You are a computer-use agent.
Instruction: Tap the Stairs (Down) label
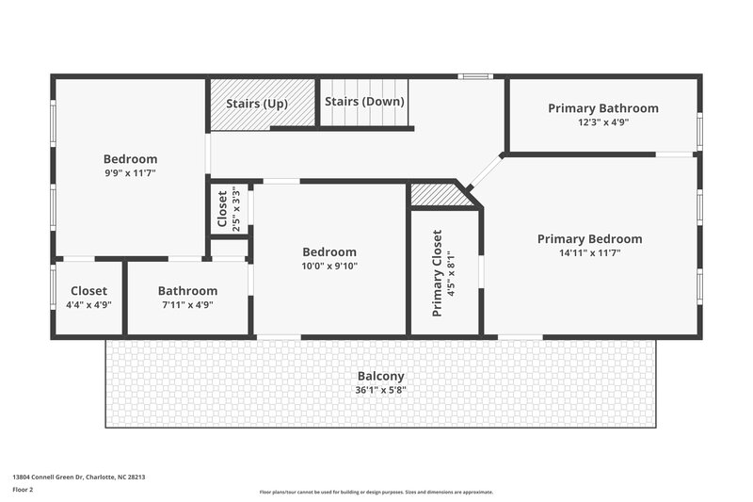coord(364,102)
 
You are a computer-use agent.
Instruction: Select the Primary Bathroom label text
coord(603,108)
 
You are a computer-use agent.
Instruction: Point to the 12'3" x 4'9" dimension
coord(603,121)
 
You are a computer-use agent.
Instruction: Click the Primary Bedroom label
coord(589,239)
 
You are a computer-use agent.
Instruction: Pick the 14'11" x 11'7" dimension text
coord(589,252)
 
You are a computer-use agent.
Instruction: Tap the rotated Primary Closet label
coord(438,272)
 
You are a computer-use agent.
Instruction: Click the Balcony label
coord(380,376)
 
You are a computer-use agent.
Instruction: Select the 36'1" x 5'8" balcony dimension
coord(380,389)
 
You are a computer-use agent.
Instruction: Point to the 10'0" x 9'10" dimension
coord(329,266)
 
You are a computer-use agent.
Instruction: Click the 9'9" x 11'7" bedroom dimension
coord(130,173)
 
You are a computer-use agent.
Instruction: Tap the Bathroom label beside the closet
coord(187,291)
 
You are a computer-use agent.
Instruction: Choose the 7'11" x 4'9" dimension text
coord(187,304)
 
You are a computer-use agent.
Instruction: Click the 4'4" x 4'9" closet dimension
coord(88,304)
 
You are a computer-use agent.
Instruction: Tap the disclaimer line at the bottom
coord(376,492)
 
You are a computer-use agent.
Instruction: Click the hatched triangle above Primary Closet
coord(441,194)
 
